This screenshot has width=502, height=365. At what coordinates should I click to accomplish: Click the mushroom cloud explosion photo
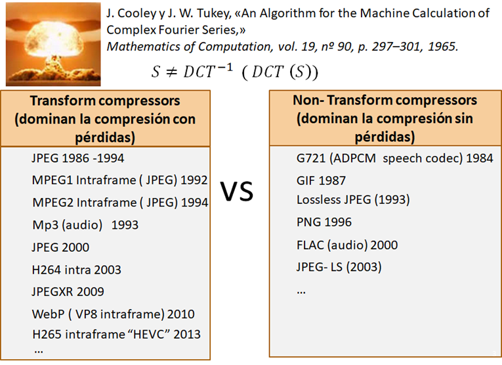point(53,44)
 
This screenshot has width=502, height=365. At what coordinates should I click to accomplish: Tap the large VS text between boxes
point(237,191)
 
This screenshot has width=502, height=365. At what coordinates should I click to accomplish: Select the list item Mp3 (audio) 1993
point(85,225)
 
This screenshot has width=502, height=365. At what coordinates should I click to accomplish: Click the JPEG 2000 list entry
point(60,247)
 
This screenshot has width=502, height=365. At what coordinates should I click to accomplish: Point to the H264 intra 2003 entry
point(77,270)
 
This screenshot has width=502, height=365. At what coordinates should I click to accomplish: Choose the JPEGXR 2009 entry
point(68,291)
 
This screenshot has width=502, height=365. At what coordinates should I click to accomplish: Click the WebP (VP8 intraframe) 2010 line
point(114,314)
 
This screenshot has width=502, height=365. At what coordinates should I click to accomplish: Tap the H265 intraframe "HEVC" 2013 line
point(117,334)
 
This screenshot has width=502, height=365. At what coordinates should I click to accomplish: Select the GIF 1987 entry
point(321,181)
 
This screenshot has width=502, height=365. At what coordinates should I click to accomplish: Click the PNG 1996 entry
point(324,222)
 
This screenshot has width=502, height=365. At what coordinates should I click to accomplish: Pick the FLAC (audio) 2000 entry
point(347,245)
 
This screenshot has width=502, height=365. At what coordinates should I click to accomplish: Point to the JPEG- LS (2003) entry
point(339,267)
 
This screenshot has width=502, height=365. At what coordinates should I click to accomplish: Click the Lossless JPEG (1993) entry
point(353,200)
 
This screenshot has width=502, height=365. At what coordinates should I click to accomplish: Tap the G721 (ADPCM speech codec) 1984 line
point(395,158)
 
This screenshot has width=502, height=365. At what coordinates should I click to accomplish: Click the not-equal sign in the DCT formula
point(172,72)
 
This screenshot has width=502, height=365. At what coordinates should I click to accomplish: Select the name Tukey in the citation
point(212,13)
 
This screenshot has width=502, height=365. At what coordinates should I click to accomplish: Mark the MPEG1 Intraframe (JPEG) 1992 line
point(120,180)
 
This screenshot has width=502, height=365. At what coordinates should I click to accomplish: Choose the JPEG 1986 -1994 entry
point(78,158)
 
